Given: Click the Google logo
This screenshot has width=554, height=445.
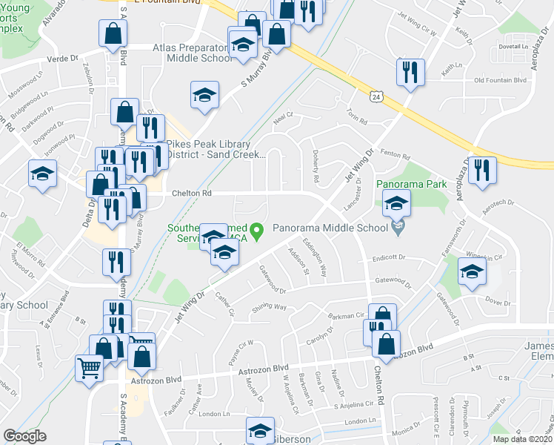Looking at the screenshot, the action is pyautogui.click(x=25, y=436).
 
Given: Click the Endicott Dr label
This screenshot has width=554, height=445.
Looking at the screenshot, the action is pyautogui.click(x=390, y=257).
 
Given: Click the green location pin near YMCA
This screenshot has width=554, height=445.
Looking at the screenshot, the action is pyautogui.click(x=258, y=232).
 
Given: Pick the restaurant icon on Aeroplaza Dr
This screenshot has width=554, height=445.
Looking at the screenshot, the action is pyautogui.click(x=482, y=170).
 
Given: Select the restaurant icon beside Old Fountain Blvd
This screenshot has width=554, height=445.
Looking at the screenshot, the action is pyautogui.click(x=410, y=72).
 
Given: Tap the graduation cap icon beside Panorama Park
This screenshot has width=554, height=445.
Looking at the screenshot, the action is pyautogui.click(x=397, y=202).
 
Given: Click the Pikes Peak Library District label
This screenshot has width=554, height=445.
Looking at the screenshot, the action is pyautogui.click(x=215, y=150).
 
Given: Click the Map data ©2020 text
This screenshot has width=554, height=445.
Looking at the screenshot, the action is pyautogui.click(x=522, y=439).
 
